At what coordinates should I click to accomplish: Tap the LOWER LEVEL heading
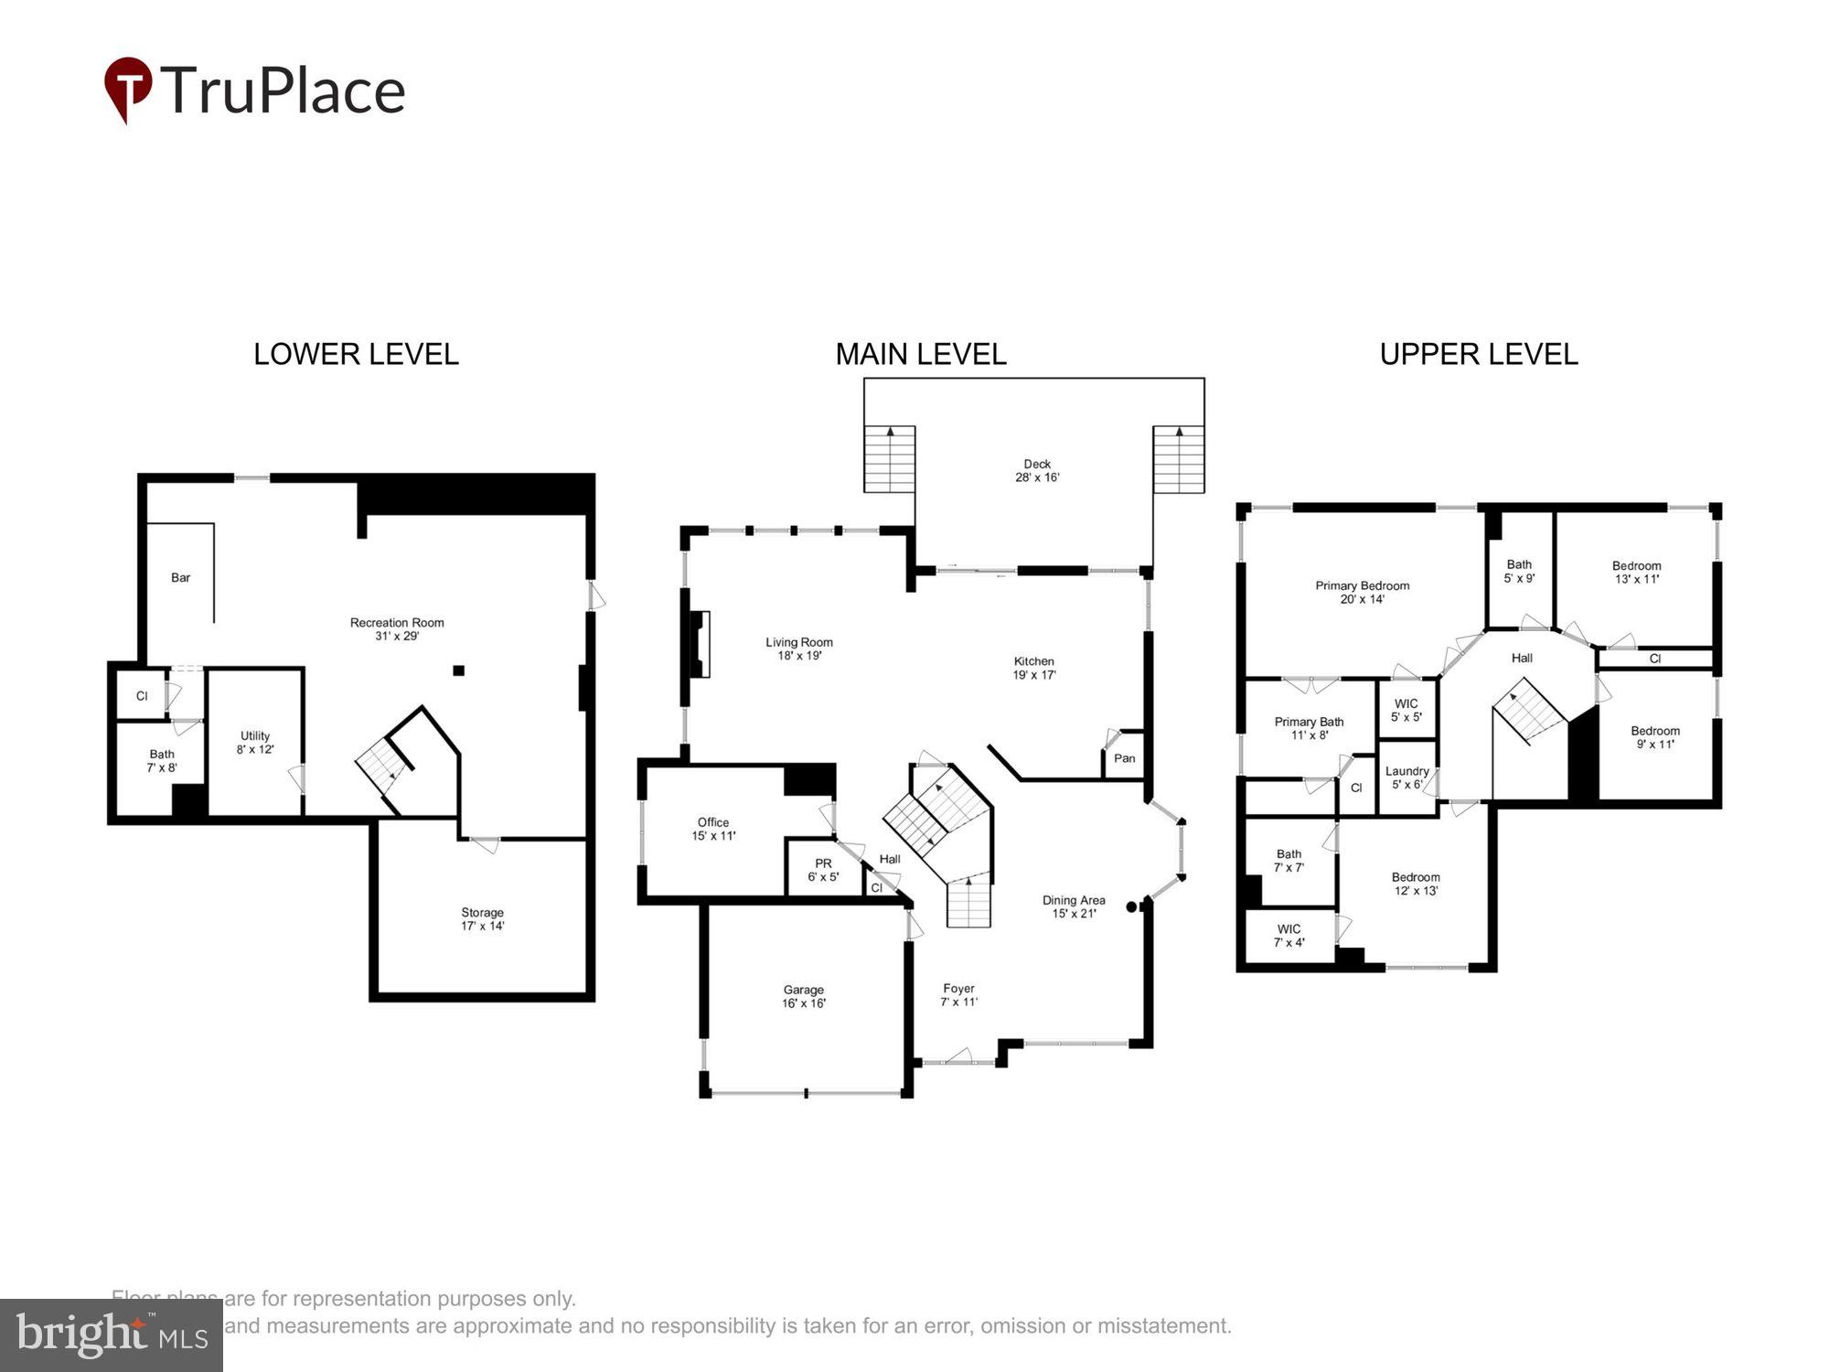click(x=356, y=355)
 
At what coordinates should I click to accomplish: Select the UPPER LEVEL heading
click(x=1478, y=355)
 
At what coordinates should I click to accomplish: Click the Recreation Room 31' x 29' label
click(x=397, y=629)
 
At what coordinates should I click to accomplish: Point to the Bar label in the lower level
click(x=181, y=578)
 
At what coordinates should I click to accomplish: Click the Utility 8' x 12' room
click(x=255, y=743)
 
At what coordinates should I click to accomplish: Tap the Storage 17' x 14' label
click(x=482, y=919)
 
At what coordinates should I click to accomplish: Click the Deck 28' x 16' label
click(x=1037, y=471)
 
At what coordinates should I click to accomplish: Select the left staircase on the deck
click(x=890, y=458)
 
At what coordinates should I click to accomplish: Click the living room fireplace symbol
click(x=700, y=644)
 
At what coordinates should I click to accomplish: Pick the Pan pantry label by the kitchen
click(x=1124, y=758)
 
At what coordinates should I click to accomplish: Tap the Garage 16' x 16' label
click(x=804, y=996)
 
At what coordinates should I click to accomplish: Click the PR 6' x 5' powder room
click(x=823, y=870)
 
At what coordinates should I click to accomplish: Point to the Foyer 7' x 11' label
click(x=958, y=995)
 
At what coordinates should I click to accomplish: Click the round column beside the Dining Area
click(x=1131, y=907)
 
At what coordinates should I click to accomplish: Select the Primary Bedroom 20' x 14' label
click(x=1362, y=593)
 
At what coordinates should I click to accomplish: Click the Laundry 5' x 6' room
click(x=1407, y=777)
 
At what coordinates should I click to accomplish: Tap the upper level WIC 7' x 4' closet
click(x=1289, y=936)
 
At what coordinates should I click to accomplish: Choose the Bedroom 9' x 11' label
click(x=1654, y=737)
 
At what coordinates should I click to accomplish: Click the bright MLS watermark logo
click(x=111, y=1335)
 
